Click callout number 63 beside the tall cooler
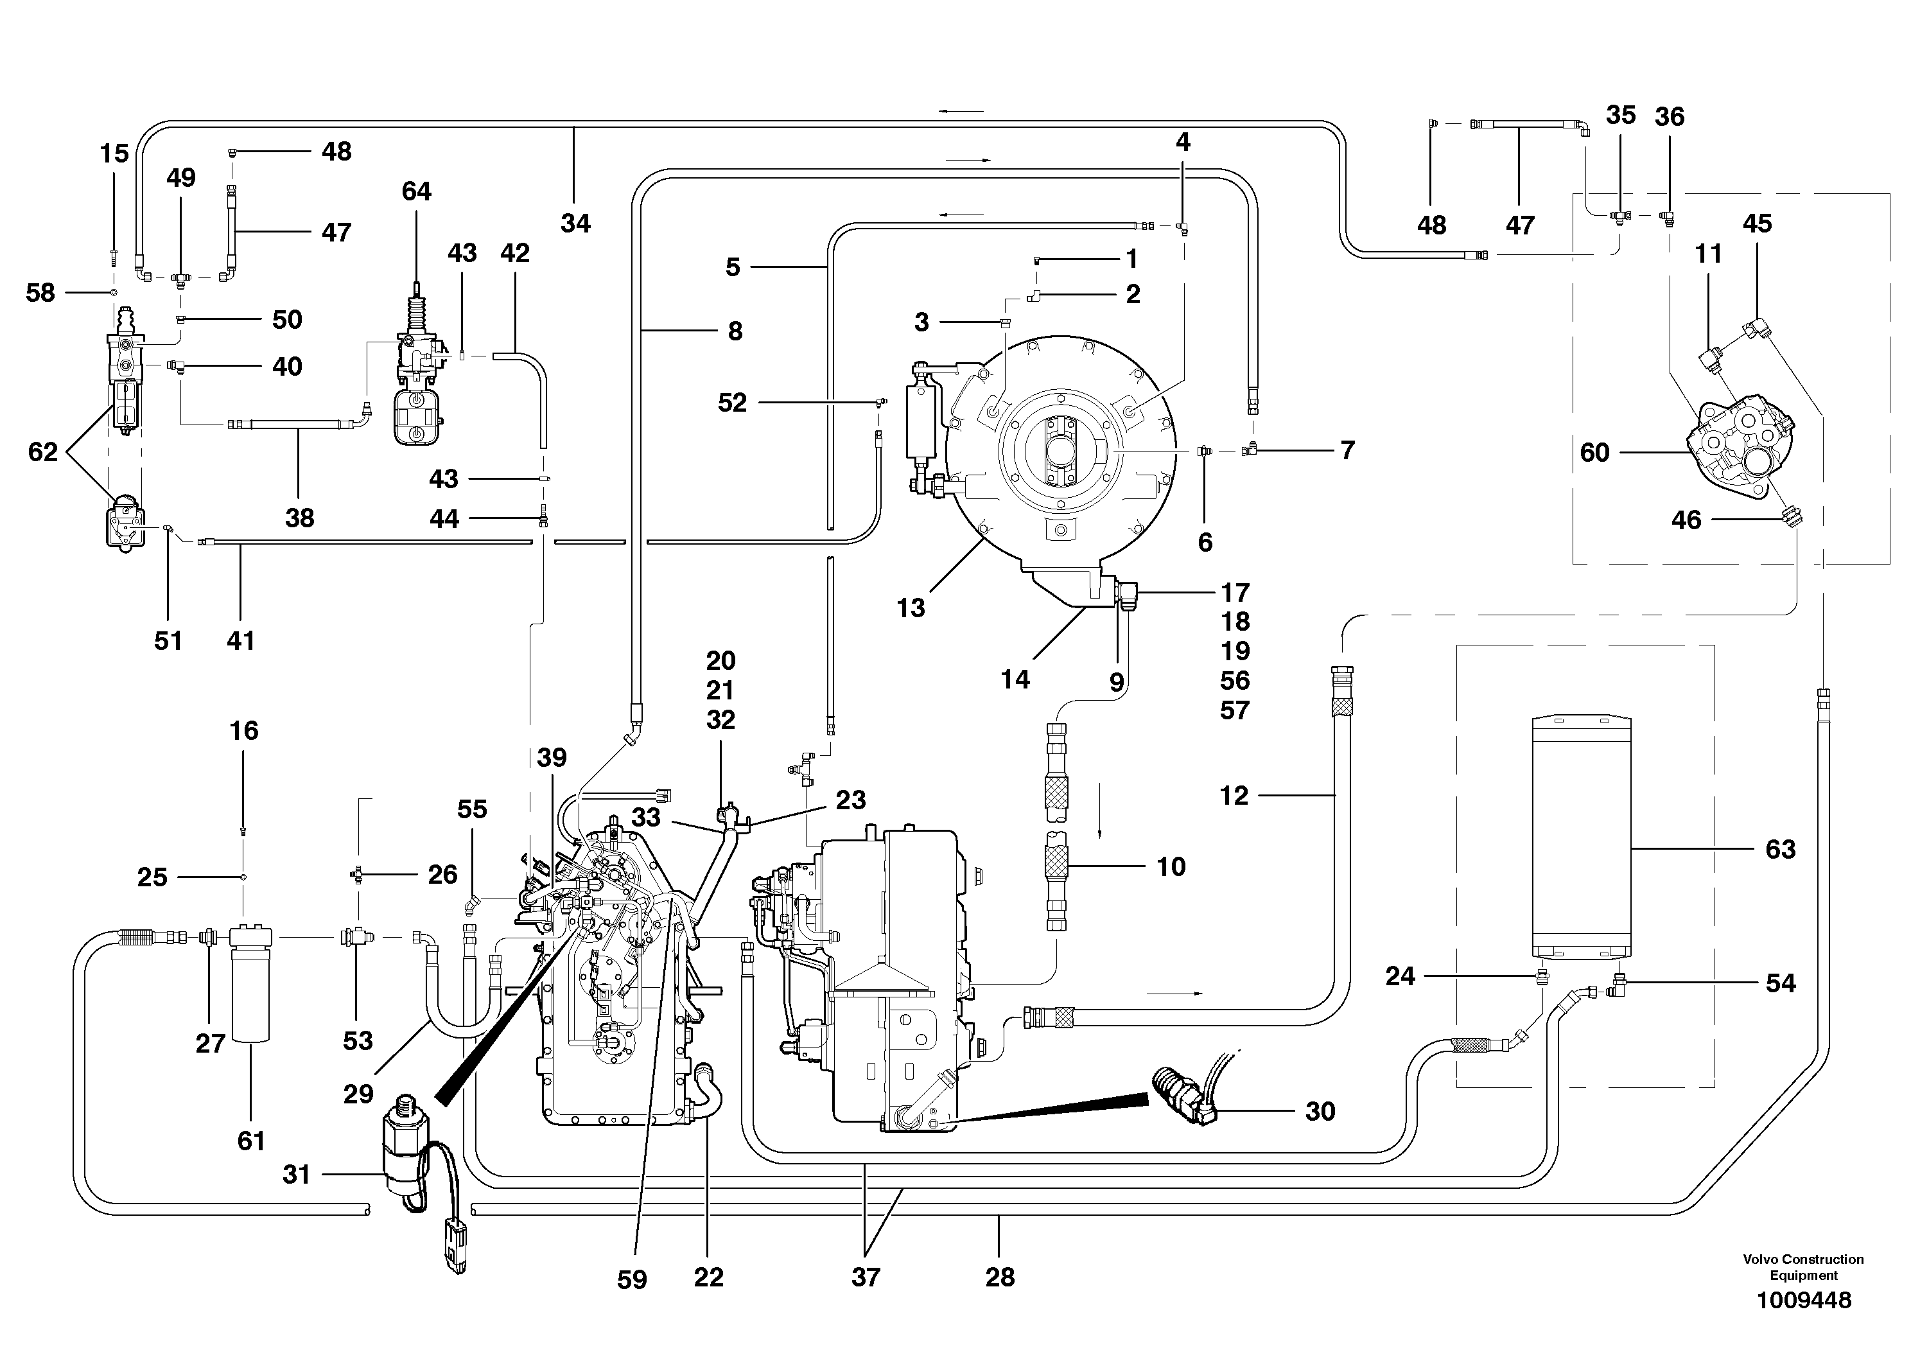pos(1781,850)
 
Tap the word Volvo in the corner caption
pos(1761,1259)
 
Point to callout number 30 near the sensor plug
pos(1320,1111)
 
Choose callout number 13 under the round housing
pos(911,608)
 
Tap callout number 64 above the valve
pos(416,191)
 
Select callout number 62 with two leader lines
pos(43,452)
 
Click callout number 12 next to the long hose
pos(1234,796)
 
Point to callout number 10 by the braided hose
pos(1171,867)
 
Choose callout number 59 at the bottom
pos(632,1279)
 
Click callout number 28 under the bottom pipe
pos(1000,1277)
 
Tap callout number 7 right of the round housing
pos(1347,450)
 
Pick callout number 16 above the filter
pos(244,731)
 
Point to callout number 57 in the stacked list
pos(1235,711)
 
